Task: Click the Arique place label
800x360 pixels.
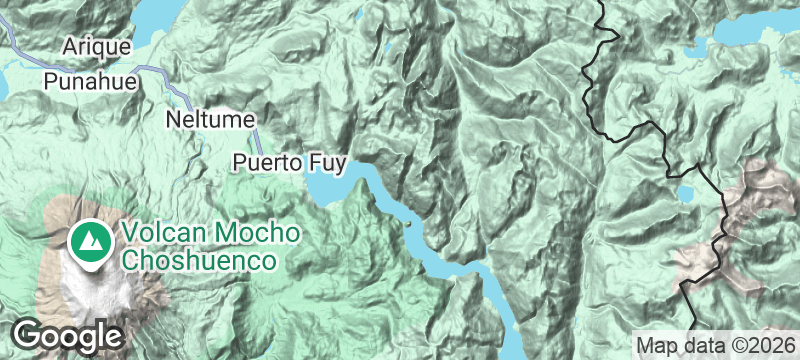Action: tap(98, 46)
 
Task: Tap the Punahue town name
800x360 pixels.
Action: tap(89, 82)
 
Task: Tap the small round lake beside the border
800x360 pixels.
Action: tap(686, 192)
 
